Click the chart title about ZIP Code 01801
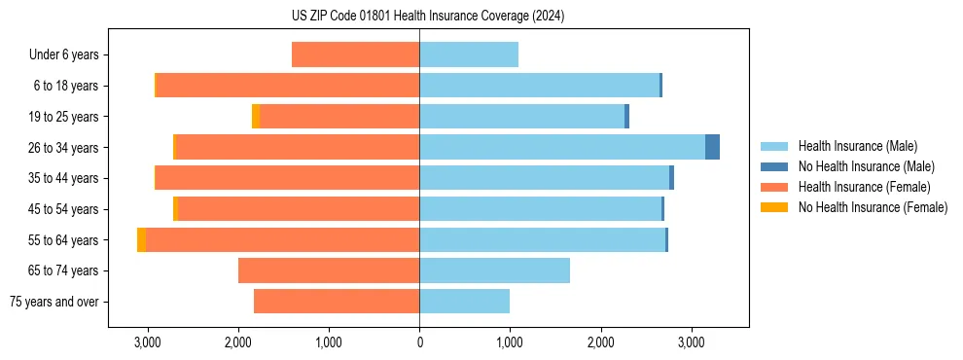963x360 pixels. [x=428, y=17]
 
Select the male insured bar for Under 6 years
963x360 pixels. [x=468, y=55]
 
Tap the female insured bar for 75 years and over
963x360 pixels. [x=337, y=302]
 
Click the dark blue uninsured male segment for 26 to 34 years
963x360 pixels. [x=712, y=147]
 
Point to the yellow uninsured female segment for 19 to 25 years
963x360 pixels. [x=256, y=117]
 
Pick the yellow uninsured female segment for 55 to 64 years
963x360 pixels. [x=142, y=240]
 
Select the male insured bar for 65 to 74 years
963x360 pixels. [x=494, y=270]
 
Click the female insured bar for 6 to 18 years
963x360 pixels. [x=288, y=86]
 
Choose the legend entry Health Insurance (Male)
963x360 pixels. [x=857, y=146]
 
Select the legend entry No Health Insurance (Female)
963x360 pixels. [x=873, y=207]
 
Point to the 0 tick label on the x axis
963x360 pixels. [x=419, y=342]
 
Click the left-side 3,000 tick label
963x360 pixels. [x=147, y=342]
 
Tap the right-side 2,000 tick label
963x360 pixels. [x=600, y=342]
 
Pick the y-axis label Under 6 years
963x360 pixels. [x=63, y=55]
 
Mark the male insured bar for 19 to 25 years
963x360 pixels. [x=521, y=117]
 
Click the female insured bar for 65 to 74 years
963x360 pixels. [x=329, y=270]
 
